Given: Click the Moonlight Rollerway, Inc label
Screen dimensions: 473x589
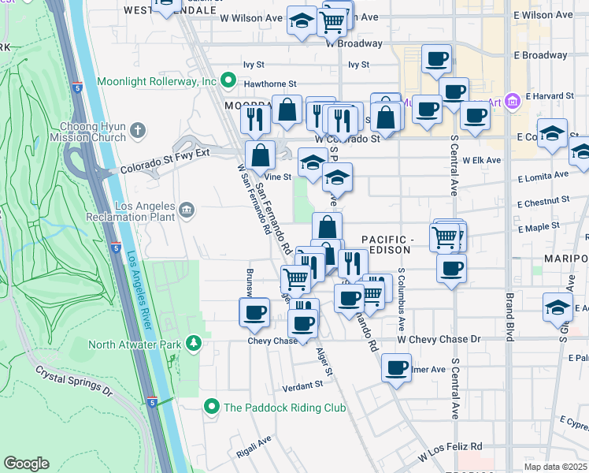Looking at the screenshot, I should [x=157, y=81].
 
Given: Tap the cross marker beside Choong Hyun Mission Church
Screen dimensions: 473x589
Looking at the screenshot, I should [x=138, y=129].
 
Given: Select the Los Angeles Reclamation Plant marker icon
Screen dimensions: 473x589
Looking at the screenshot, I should [x=187, y=209].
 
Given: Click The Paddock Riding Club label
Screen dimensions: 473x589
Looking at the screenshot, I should [x=285, y=408].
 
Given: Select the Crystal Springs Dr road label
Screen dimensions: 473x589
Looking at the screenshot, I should [x=74, y=380].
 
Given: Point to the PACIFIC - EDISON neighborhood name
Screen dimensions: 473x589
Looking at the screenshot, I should [x=386, y=244].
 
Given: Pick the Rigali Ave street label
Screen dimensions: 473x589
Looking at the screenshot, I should [x=254, y=447].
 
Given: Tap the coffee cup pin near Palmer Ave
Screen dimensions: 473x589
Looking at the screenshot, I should [x=396, y=367].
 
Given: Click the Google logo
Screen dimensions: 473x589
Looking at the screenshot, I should [x=26, y=464].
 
